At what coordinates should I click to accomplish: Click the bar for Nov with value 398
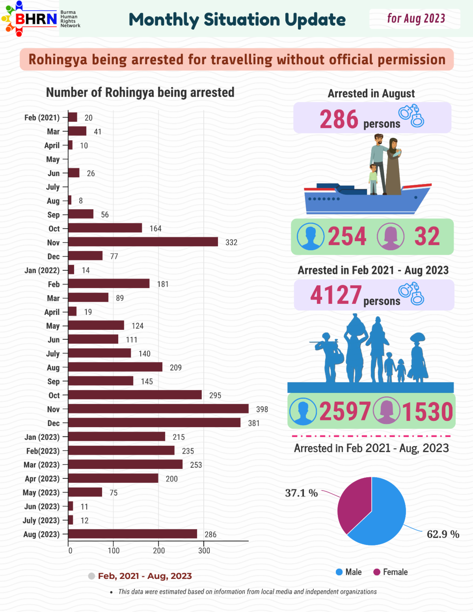[x=158, y=409]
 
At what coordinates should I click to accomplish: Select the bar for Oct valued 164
[x=105, y=228]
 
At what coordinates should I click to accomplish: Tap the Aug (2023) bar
[x=133, y=534]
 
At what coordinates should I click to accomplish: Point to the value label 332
[x=231, y=242]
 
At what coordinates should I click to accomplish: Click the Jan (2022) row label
[x=42, y=270]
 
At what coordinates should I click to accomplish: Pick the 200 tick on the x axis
[x=158, y=551]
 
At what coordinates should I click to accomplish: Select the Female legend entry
[x=391, y=572]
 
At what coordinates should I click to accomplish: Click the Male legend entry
[x=349, y=572]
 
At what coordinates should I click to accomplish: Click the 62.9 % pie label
[x=443, y=534]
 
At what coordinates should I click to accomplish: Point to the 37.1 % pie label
[x=302, y=493]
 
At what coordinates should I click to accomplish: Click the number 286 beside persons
[x=339, y=119]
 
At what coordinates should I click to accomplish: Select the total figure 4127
[x=336, y=295]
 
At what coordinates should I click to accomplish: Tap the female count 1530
[x=427, y=411]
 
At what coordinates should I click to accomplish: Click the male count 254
[x=347, y=236]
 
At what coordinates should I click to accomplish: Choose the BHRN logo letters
[x=36, y=19]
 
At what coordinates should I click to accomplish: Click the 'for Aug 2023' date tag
[x=416, y=19]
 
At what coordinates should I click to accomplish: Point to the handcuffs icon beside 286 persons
[x=411, y=115]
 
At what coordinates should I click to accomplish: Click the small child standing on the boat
[x=373, y=179]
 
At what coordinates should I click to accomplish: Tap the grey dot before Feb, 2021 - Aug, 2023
[x=91, y=576]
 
